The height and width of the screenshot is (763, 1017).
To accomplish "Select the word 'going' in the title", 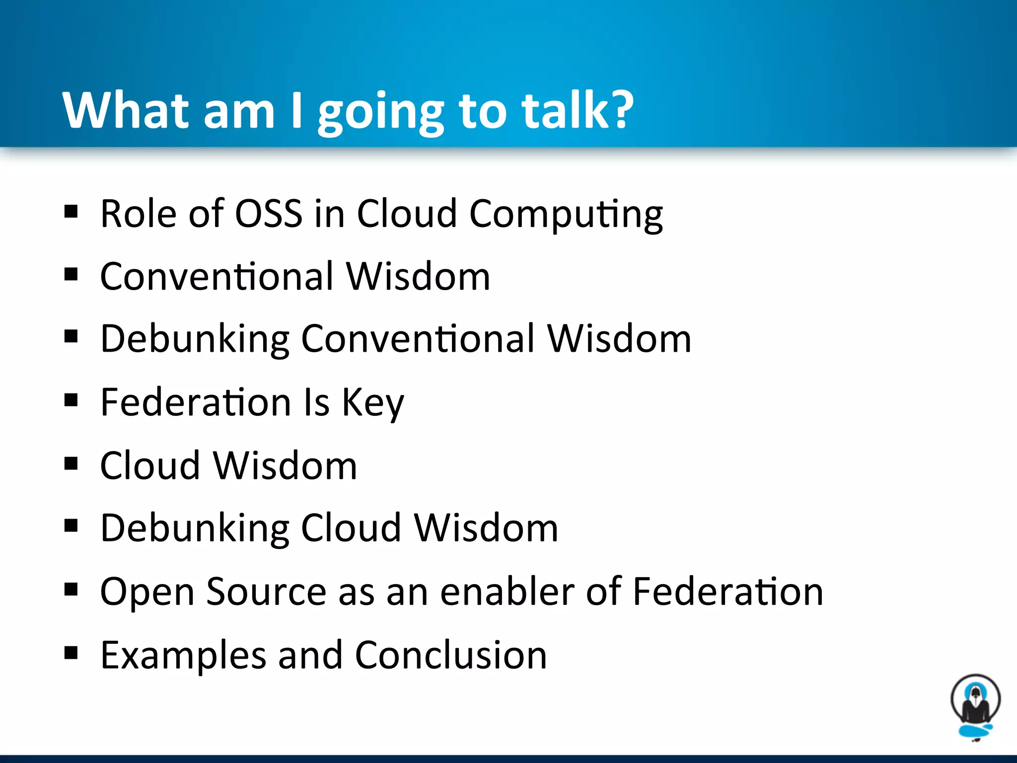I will click(380, 113).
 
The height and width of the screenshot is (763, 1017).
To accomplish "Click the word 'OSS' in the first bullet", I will click(268, 214).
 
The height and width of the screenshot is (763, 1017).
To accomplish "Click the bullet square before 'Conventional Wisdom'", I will click(71, 274).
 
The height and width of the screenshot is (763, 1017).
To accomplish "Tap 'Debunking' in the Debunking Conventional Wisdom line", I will click(195, 340).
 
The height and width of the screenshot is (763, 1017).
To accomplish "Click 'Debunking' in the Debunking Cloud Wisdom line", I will click(195, 529).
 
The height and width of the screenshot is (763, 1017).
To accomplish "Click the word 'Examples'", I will click(183, 656).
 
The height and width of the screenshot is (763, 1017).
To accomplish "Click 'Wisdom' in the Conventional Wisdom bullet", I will click(418, 276).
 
